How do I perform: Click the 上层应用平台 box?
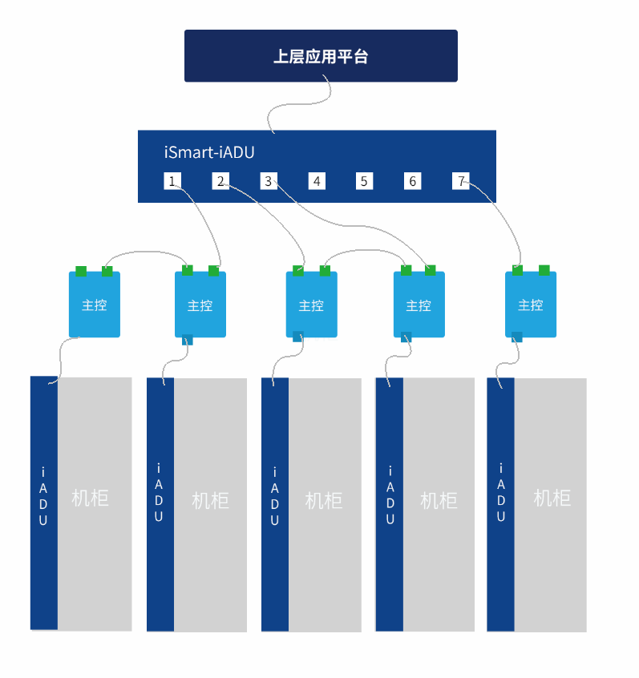(321, 56)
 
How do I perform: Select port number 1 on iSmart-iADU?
(172, 181)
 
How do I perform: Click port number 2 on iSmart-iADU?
(220, 181)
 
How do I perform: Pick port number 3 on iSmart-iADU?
(269, 181)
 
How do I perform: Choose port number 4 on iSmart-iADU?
(317, 181)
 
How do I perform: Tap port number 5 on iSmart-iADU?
(364, 181)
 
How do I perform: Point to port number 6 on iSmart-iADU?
(412, 181)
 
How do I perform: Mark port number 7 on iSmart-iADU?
(460, 181)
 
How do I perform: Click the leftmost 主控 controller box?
(95, 305)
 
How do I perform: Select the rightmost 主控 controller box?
(531, 305)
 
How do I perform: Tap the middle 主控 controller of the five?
(312, 305)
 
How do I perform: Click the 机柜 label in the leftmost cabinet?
(90, 498)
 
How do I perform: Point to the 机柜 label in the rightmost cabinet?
(552, 498)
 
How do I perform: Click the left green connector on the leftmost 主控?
(81, 271)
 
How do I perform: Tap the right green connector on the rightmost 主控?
(544, 269)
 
